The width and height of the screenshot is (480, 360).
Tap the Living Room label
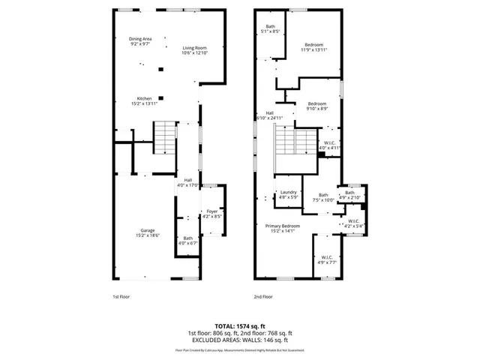click(194, 50)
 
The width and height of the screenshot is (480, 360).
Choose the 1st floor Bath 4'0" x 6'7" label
click(187, 241)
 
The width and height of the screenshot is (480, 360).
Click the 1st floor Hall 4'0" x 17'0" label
click(187, 182)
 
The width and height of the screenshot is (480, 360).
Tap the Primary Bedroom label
click(283, 229)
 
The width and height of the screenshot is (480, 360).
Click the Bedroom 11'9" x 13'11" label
click(313, 47)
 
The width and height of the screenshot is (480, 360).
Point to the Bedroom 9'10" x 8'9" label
click(316, 106)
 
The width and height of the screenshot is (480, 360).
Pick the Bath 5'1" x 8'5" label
click(270, 30)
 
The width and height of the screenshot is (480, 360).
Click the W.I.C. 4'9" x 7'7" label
click(324, 260)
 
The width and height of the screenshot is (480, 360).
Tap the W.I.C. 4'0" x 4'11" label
click(330, 145)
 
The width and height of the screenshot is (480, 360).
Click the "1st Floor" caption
click(121, 297)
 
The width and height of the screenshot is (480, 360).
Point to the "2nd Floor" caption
click(262, 297)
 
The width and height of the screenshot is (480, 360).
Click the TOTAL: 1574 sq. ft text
click(239, 325)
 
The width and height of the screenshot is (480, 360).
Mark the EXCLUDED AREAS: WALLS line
click(239, 340)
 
